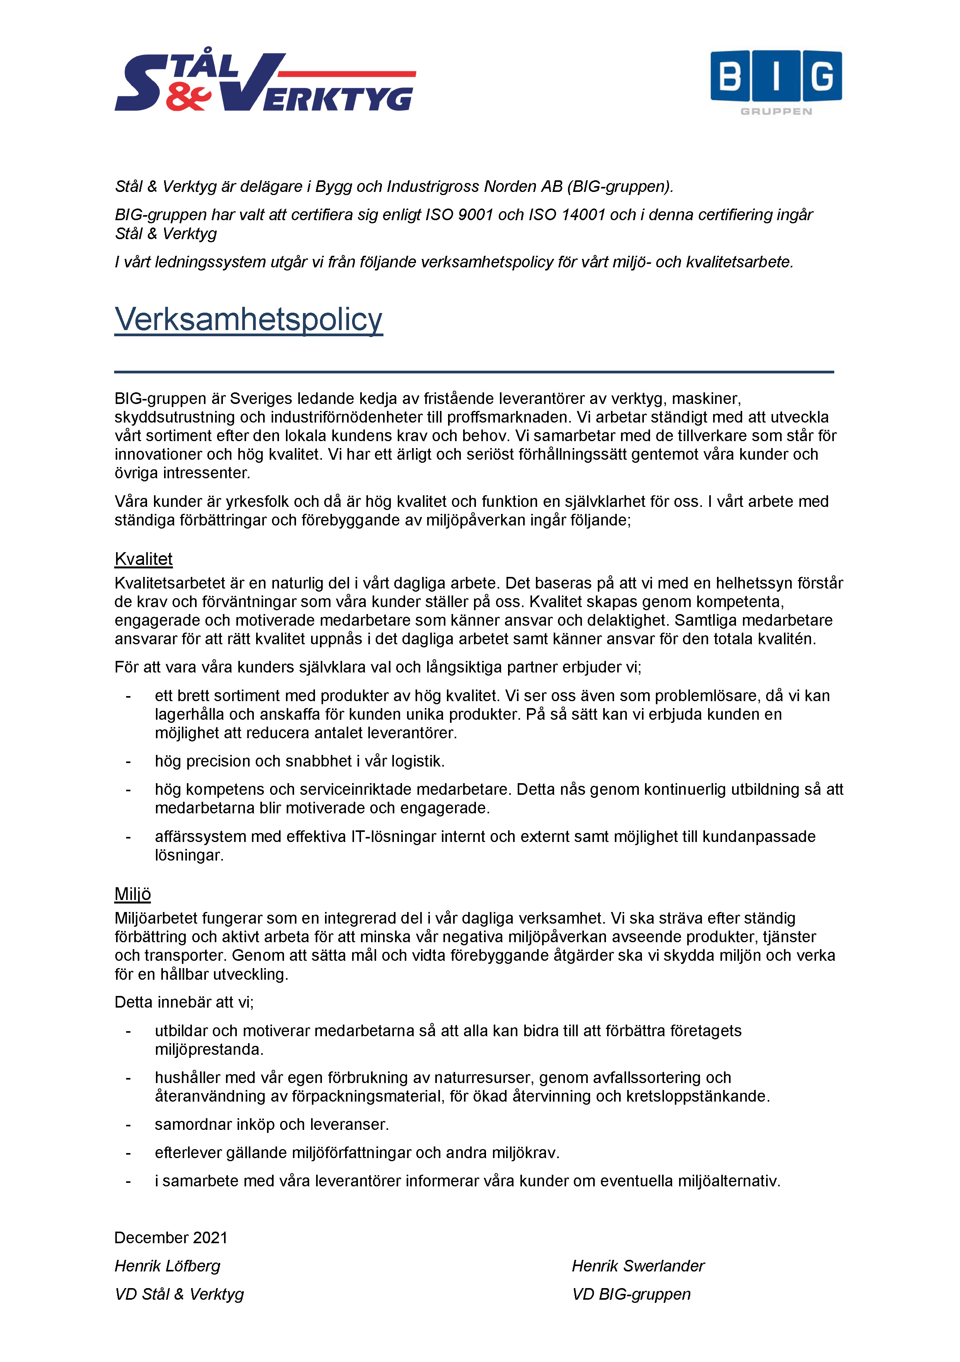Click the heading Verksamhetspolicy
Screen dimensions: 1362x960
(x=248, y=319)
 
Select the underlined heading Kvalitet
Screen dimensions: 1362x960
(x=144, y=559)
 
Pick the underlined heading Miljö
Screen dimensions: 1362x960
(x=133, y=894)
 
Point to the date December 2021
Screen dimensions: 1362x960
(x=171, y=1237)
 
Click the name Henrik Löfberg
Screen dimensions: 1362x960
(x=167, y=1266)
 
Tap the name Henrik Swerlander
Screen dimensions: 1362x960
(x=638, y=1266)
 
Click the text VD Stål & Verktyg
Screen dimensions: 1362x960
(x=179, y=1294)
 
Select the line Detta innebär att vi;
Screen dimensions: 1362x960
(x=184, y=1002)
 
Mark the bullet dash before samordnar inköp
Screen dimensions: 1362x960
(x=128, y=1125)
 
